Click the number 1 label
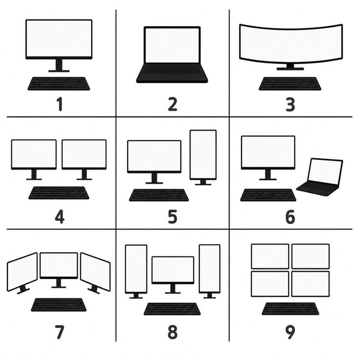[x=60, y=104]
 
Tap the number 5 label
[x=173, y=217]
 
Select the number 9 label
[x=290, y=332]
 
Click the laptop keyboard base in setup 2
[x=172, y=73]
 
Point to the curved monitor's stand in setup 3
[x=290, y=67]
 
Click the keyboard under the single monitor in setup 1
[x=59, y=84]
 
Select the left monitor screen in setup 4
[x=34, y=154]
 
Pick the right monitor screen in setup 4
[x=84, y=154]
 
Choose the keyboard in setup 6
[x=268, y=195]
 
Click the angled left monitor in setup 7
[x=22, y=272]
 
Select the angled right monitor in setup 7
[x=95, y=272]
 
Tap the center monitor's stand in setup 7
[x=59, y=283]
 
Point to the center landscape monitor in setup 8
[x=173, y=270]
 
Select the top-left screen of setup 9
[x=270, y=256]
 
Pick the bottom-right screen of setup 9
[x=311, y=284]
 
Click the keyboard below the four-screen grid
[x=290, y=309]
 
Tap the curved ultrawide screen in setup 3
[x=291, y=43]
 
